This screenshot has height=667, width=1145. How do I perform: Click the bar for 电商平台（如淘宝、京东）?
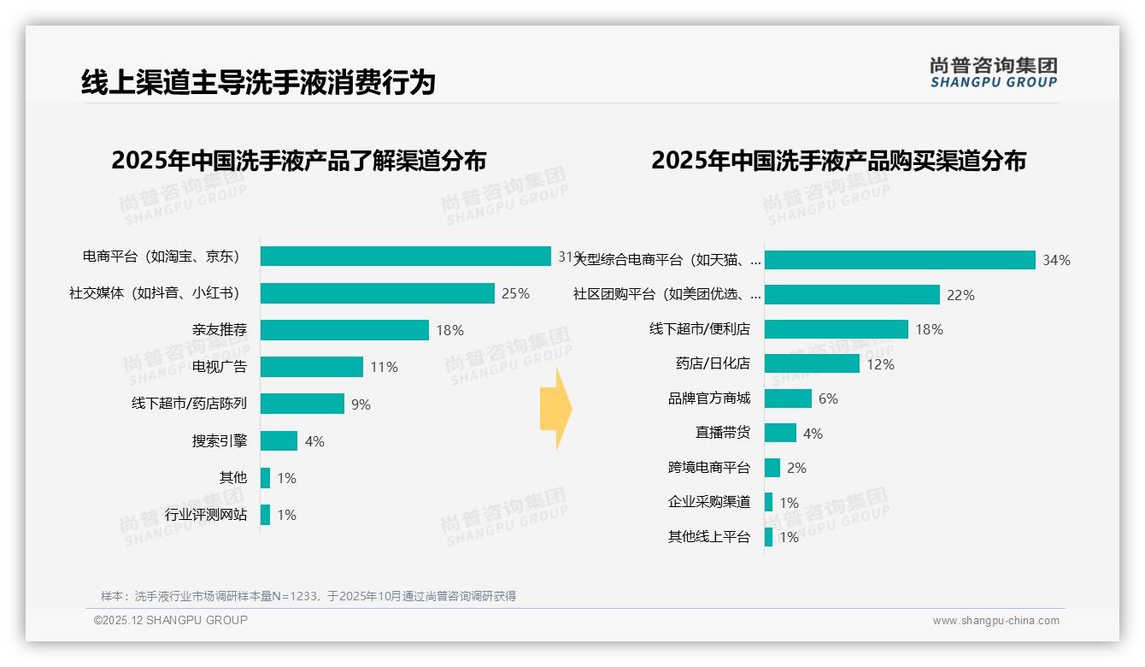tap(406, 257)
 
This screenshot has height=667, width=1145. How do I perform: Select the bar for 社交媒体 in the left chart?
tap(377, 293)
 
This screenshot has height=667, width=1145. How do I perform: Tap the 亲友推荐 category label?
tap(220, 330)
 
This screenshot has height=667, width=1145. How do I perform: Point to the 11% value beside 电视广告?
tap(384, 367)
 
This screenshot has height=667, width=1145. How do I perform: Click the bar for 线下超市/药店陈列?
tap(302, 404)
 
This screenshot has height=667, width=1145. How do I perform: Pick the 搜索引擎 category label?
tap(220, 441)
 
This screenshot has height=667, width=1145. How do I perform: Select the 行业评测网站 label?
tap(206, 515)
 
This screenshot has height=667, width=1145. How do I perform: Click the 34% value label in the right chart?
tap(1056, 260)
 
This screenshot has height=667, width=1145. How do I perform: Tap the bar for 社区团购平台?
tap(852, 295)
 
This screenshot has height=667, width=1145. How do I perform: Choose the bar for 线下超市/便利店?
tap(837, 329)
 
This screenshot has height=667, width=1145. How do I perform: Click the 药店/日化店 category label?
tap(713, 363)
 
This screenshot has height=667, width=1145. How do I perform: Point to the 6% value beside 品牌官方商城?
tap(828, 398)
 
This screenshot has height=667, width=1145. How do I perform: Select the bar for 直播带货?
tap(780, 433)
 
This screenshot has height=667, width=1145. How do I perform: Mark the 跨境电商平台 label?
tap(709, 468)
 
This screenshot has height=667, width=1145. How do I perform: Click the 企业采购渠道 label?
tap(709, 502)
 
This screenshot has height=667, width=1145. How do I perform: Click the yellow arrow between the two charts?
tap(555, 409)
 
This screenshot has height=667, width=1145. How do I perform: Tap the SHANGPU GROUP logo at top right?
tap(994, 73)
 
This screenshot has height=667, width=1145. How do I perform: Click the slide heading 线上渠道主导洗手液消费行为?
tap(258, 82)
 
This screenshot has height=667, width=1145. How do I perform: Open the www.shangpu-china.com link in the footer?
tap(995, 621)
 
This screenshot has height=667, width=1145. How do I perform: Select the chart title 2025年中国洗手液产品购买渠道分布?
tap(838, 161)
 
